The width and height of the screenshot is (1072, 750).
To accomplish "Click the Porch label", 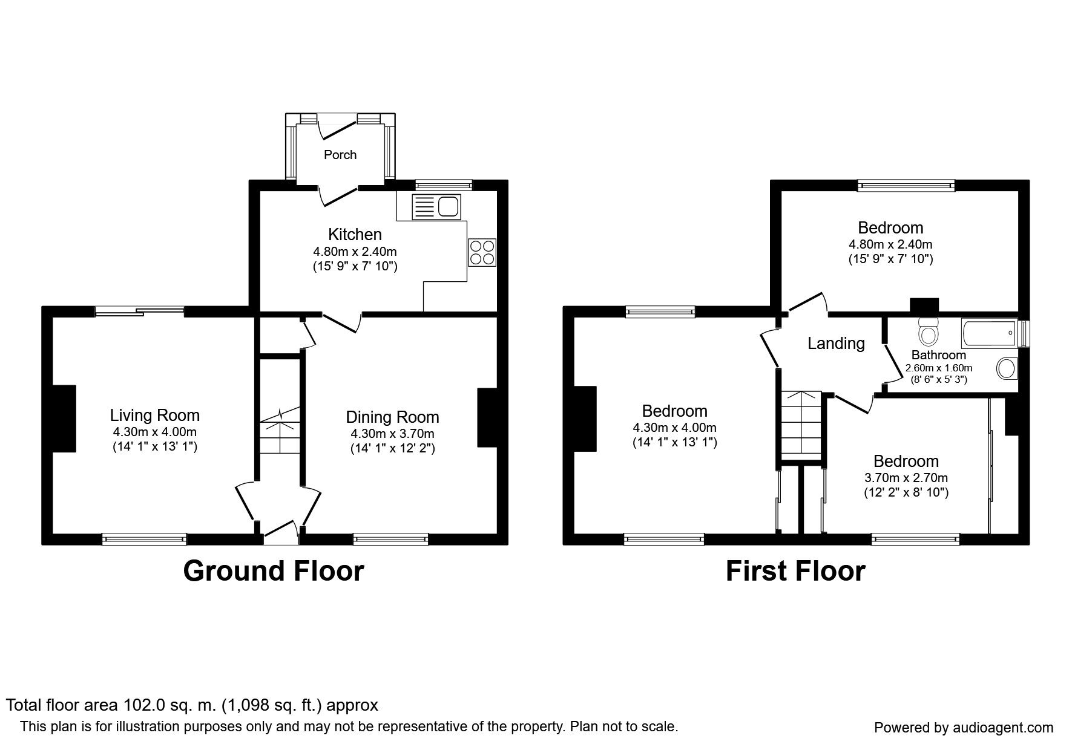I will coord(340,155).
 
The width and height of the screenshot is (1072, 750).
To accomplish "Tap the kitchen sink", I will coord(436,207).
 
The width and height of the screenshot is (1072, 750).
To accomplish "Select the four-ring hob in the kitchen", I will coord(482,252).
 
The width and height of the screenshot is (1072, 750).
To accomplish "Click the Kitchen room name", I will coord(355,234).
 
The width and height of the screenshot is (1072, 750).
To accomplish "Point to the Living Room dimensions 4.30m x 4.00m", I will coord(154,432).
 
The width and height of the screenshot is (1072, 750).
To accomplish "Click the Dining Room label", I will coord(392,417).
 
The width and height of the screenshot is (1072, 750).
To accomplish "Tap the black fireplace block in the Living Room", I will coord(64,419).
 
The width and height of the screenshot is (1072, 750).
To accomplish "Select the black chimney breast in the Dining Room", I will coord(487,417).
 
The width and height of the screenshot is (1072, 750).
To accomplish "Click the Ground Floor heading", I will coord(274,571).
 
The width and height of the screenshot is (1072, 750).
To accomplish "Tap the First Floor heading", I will coord(795,571).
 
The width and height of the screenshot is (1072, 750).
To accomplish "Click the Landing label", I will coord(836,344).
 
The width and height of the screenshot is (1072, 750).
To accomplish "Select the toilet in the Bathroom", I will coord(928,330).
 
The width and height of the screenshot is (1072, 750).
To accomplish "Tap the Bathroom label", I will coord(938,355).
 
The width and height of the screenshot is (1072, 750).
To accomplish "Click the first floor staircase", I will coord(800,426).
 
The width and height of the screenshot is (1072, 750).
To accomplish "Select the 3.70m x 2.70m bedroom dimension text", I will coord(906,478).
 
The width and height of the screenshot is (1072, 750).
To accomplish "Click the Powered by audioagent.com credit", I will coord(964,728).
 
